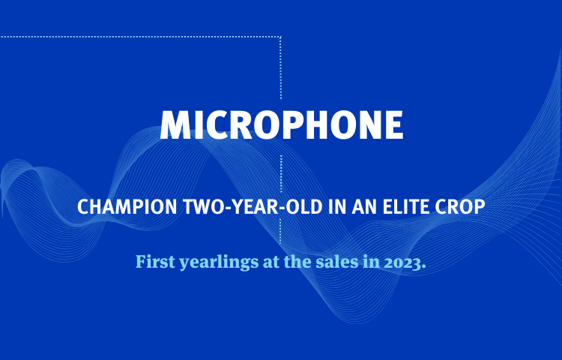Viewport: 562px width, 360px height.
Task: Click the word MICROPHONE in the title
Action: tap(281, 124)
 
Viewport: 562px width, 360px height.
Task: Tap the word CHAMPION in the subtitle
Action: tap(127, 206)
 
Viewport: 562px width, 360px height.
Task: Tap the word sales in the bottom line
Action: tap(337, 262)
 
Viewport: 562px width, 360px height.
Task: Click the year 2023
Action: tap(402, 262)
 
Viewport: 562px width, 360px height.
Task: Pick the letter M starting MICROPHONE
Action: tap(175, 124)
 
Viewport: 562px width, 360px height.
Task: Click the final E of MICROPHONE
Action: tap(394, 124)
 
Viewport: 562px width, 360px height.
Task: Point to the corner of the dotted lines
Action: tap(281, 37)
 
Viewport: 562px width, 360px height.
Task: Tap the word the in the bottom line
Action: tap(297, 262)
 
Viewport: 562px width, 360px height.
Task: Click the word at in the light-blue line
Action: tap(271, 262)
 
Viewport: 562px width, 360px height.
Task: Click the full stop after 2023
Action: tap(423, 267)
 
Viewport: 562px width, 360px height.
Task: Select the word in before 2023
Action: tap(372, 262)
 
